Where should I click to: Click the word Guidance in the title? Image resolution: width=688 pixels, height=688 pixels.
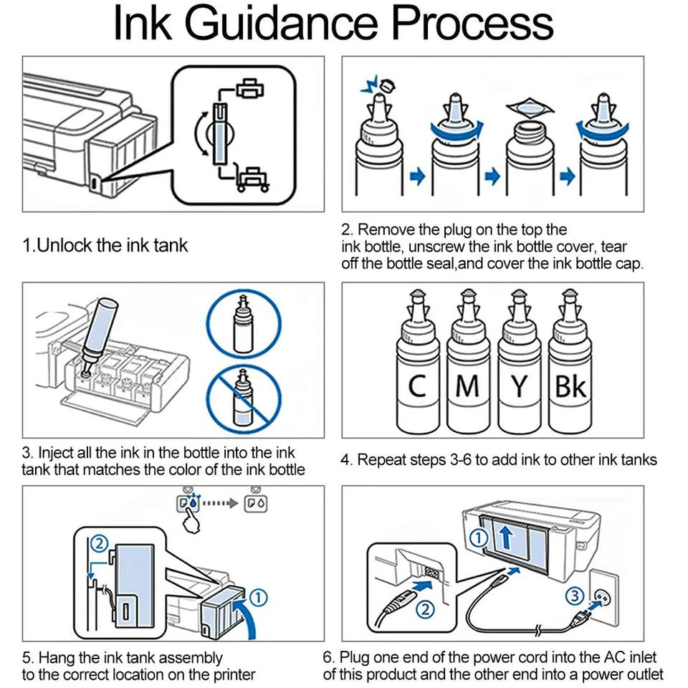coord(281,23)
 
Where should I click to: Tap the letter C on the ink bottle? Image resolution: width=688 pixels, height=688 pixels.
coord(417,386)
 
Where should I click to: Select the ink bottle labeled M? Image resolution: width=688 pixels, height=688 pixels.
coord(468,360)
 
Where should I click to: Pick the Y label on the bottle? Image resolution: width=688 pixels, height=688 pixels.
coord(520,386)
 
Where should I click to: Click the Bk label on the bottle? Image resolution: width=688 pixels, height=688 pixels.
coord(570,386)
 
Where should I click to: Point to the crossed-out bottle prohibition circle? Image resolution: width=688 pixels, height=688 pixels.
coord(244,399)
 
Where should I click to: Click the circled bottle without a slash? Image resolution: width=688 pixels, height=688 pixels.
coord(244,325)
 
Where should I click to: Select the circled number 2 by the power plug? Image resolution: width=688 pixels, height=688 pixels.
coord(425,609)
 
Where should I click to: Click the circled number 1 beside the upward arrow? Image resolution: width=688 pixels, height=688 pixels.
coord(479,537)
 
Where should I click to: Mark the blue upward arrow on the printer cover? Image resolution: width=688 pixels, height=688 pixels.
coord(507,537)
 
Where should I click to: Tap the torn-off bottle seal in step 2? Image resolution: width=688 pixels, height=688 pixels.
coord(530,107)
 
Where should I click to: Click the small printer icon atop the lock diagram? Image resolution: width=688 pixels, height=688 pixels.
coord(250,89)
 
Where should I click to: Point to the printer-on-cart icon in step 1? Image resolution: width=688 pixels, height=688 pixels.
coord(252,178)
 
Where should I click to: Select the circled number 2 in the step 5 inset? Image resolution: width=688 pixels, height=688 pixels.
coord(99,544)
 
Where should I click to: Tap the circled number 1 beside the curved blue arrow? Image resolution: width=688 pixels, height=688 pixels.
coord(259,598)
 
